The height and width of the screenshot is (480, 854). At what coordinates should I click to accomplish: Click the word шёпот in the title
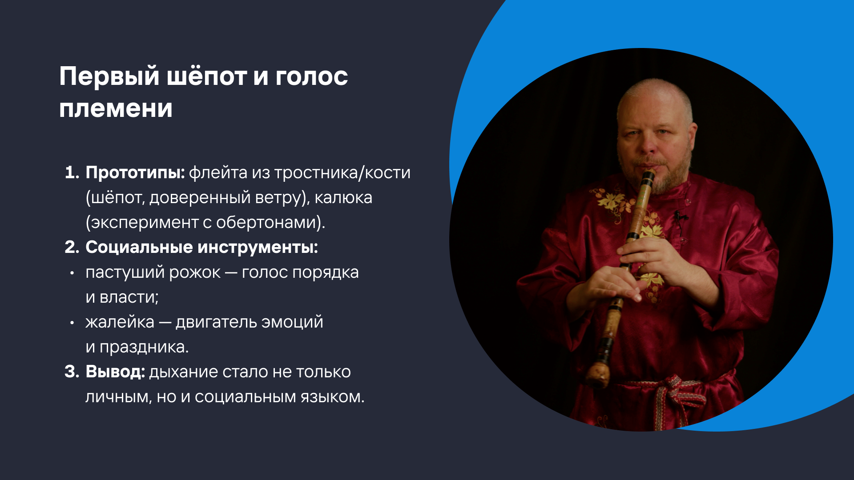(206, 76)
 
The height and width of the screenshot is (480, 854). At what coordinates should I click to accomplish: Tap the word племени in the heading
(116, 108)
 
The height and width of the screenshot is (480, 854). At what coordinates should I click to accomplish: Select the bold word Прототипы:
(135, 173)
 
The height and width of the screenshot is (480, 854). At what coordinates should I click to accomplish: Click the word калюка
(343, 197)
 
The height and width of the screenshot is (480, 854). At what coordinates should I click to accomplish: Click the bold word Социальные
(139, 247)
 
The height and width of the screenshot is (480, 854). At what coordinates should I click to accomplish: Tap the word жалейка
(120, 322)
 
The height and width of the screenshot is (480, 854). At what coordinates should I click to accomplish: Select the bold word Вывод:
(115, 372)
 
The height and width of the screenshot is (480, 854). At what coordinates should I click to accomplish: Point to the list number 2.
(72, 247)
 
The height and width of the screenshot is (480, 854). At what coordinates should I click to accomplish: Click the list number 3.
(72, 372)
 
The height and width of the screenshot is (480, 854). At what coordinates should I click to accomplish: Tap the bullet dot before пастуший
(72, 273)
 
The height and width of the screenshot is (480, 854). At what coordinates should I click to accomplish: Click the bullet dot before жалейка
(72, 323)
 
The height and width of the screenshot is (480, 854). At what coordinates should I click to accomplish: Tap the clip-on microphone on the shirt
(679, 217)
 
